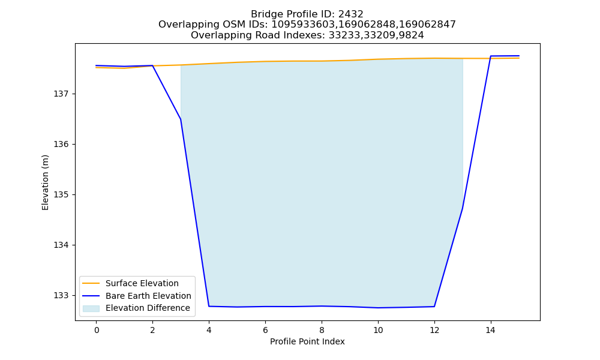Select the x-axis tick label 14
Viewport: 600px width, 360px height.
click(x=491, y=330)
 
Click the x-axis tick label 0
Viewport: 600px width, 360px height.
click(x=97, y=330)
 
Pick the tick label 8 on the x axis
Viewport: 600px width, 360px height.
click(x=322, y=330)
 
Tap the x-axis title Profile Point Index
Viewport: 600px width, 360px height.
click(x=307, y=341)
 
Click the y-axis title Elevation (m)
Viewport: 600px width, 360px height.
click(x=45, y=182)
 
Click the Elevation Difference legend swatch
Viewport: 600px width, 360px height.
click(x=91, y=308)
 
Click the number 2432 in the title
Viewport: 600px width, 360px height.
click(x=350, y=14)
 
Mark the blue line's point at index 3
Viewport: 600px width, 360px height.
click(x=181, y=119)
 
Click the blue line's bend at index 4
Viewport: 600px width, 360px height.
click(x=209, y=306)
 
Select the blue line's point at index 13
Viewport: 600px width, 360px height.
click(x=462, y=209)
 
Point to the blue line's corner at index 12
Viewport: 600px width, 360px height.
click(x=434, y=307)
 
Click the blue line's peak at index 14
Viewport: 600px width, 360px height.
click(x=491, y=56)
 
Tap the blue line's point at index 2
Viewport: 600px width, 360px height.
click(x=152, y=65)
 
